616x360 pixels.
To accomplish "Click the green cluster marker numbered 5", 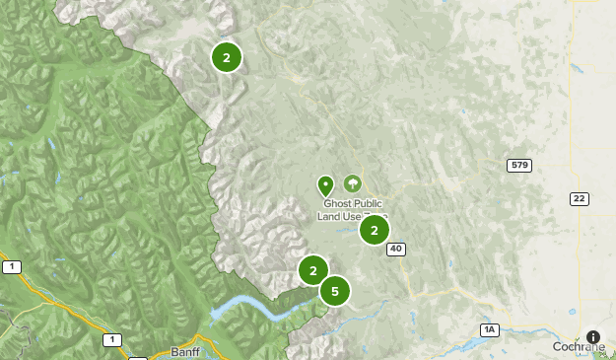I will point(335,291).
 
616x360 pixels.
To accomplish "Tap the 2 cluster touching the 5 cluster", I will point(312,269).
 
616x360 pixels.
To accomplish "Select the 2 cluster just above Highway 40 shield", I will point(375,230).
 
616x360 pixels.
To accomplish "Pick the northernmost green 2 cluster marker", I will point(227,57).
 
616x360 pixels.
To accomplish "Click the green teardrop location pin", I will point(325,184).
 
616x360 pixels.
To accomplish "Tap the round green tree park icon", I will point(352,183).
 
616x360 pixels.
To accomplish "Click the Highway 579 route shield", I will point(519,165).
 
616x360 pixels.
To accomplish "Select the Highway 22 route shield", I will point(579,198).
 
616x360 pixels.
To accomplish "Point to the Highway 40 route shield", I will point(396,250).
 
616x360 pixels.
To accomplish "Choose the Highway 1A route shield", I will point(489,328).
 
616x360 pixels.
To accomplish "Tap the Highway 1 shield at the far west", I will point(11,267).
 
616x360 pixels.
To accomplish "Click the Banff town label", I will point(184,352).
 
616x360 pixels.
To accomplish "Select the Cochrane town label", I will point(578,347).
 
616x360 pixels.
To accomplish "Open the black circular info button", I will point(592,336).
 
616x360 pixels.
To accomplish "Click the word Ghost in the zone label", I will point(338,203).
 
